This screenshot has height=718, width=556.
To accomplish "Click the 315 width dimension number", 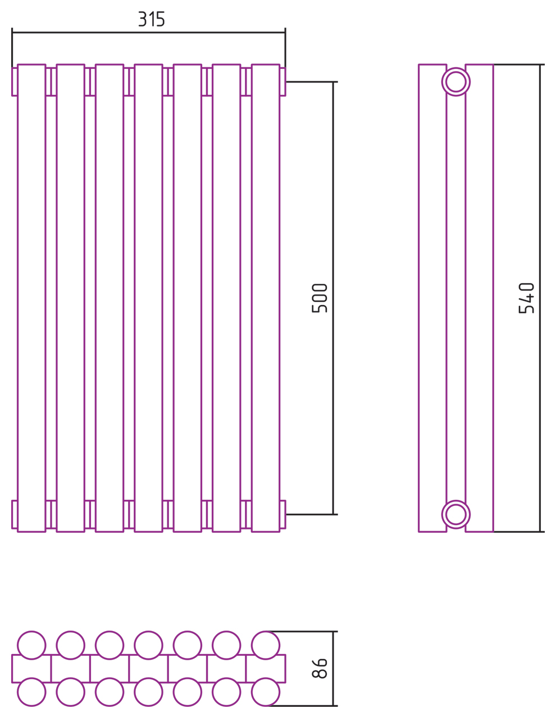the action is click(x=151, y=19).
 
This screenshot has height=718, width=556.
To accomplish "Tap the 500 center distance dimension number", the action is click(x=319, y=298).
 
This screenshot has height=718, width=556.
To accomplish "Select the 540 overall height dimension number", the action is click(x=526, y=298).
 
